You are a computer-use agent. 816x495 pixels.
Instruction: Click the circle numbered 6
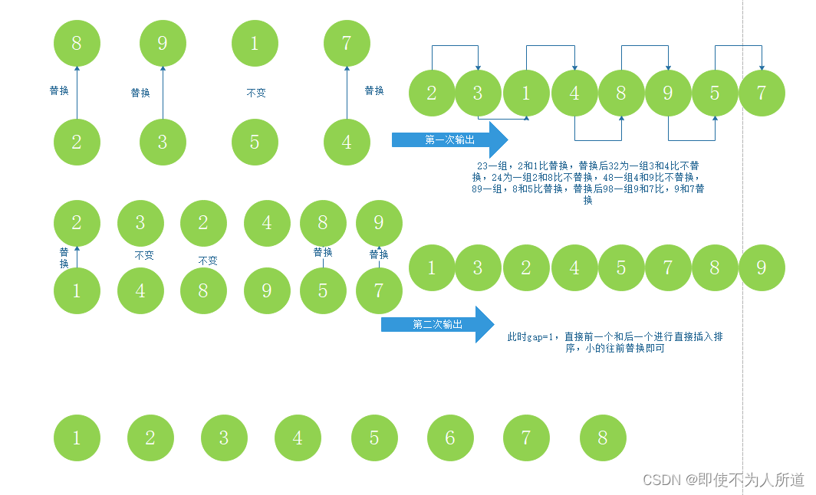[x=450, y=438]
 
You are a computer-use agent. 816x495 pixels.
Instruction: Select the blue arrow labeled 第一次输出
[x=449, y=139]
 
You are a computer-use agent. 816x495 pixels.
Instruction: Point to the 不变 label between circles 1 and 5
[x=255, y=93]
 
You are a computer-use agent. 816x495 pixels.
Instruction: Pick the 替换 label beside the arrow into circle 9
[x=140, y=93]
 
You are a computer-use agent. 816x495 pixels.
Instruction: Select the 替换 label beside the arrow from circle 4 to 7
[x=374, y=90]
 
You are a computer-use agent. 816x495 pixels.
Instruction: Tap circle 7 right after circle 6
[x=525, y=438]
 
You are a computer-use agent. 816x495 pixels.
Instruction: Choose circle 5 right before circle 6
[x=374, y=438]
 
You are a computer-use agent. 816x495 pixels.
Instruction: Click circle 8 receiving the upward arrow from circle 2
[x=77, y=42]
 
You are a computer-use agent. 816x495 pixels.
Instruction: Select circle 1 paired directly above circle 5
[x=255, y=42]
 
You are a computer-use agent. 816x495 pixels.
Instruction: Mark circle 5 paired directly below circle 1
[x=255, y=142]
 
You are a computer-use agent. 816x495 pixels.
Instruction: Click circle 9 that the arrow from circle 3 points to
[x=163, y=42]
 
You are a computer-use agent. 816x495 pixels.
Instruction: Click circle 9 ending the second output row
[x=762, y=267]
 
